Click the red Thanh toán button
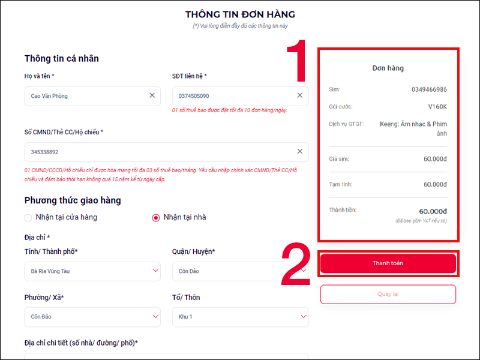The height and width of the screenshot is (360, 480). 388,263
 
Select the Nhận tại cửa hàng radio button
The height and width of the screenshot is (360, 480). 28,217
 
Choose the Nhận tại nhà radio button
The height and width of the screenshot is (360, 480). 156,217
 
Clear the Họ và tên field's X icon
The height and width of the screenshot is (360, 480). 152,95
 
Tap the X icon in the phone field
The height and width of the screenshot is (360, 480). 300,95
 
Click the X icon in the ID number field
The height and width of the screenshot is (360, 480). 300,152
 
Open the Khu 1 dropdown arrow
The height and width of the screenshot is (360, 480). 300,316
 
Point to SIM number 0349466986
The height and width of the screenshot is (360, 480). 429,89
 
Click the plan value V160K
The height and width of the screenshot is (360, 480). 437,107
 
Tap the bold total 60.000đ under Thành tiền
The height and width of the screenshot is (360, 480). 433,211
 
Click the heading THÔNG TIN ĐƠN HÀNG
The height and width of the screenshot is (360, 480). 240,14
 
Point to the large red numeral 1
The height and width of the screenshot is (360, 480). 296,61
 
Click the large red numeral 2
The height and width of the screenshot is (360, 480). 296,264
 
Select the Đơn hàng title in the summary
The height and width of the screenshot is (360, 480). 388,68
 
